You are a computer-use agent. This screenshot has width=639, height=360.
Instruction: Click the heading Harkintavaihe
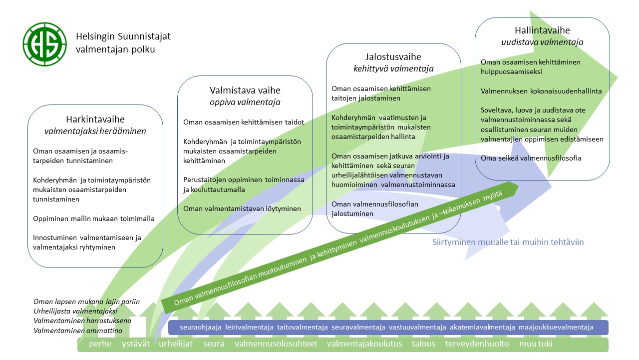[x=95, y=119]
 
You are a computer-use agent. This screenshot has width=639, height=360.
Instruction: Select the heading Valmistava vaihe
[x=245, y=90]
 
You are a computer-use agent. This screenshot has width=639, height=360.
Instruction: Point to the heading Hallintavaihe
[x=542, y=30]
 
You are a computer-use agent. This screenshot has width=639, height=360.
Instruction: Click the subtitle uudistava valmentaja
[x=542, y=42]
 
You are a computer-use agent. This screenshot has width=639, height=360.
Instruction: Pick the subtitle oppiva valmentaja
[x=245, y=102]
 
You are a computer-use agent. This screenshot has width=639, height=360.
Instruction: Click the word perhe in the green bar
[x=100, y=344]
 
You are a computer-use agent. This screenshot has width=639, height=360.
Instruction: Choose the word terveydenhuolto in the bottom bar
[x=477, y=344]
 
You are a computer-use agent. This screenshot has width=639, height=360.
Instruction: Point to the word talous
[x=423, y=344]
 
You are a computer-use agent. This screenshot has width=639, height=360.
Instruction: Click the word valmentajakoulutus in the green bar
[x=364, y=344]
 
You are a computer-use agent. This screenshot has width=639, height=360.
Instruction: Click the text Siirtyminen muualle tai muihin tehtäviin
[x=508, y=242]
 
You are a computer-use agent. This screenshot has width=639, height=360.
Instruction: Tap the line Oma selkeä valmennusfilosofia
[x=531, y=158]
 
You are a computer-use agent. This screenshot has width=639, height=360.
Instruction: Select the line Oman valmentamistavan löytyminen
[x=242, y=208]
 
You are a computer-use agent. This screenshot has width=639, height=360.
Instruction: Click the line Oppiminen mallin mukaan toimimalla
[x=94, y=218]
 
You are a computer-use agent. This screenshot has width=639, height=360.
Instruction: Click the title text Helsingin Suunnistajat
[x=123, y=36]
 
